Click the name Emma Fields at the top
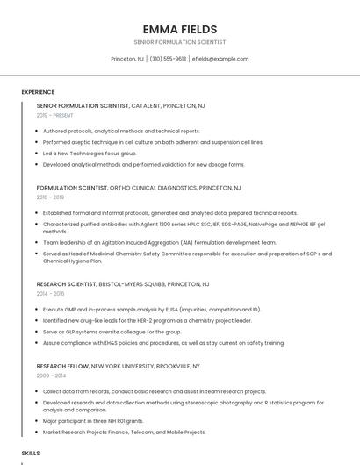pos(180,29)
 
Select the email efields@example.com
pos(220,59)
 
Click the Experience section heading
pos(38,92)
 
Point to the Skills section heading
pos(31,453)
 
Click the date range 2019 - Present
pos(55,115)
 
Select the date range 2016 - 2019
pos(51,197)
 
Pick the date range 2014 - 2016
pos(51,294)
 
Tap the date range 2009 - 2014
pos(51,376)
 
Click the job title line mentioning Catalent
pos(121,105)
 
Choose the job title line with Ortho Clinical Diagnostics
pos(139,188)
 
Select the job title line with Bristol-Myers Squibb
pos(123,284)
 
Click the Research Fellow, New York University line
pos(119,366)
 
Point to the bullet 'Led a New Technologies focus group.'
pos(90,153)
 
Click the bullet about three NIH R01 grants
pos(93,421)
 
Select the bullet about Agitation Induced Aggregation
pos(159,242)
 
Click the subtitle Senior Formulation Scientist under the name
pos(180,42)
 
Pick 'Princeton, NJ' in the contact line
pos(127,59)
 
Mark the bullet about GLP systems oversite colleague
pos(112,332)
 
